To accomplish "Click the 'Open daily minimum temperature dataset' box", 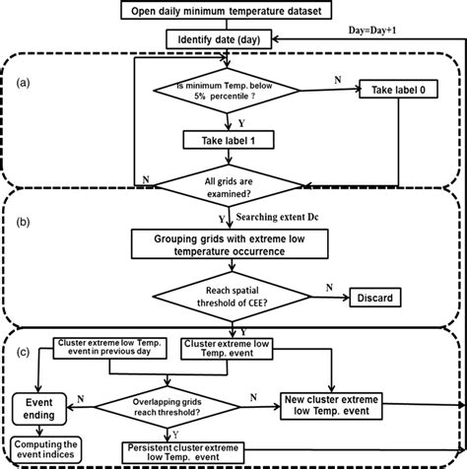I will tap(233, 12).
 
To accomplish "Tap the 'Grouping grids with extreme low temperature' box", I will tap(233, 244).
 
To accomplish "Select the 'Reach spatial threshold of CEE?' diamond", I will tap(233, 295).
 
